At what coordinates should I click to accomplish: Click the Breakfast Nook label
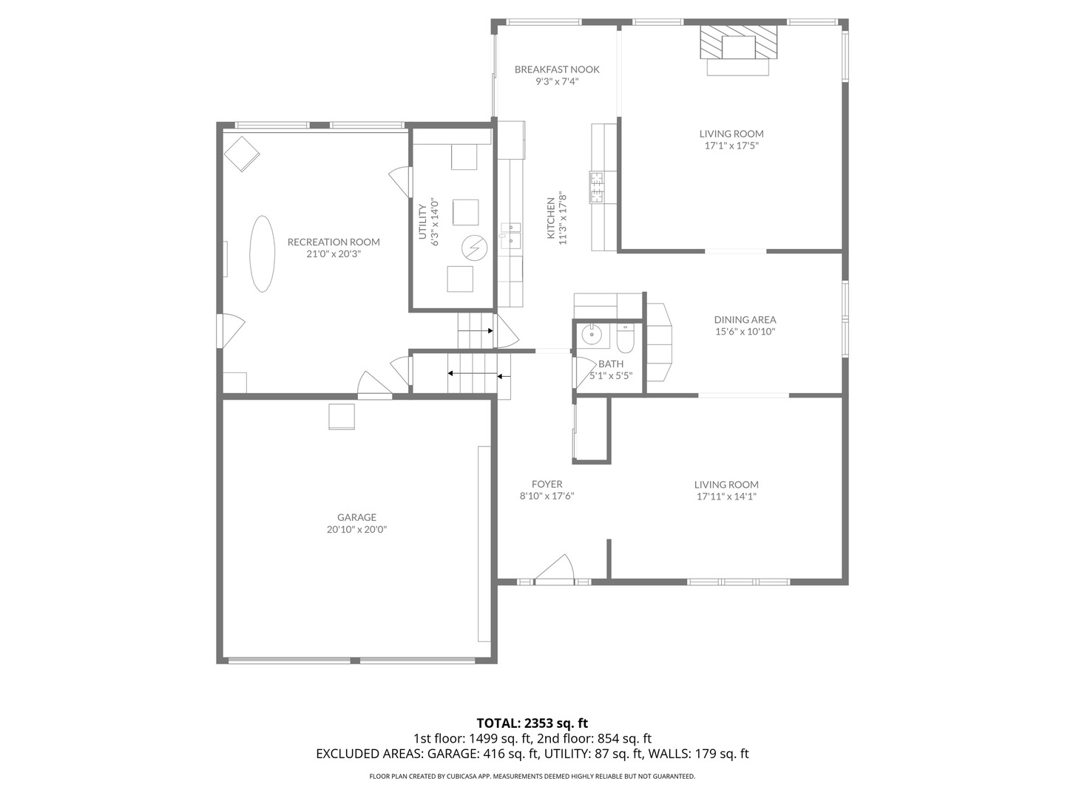[x=557, y=69]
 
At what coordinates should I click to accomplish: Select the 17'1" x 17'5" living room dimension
[x=731, y=146]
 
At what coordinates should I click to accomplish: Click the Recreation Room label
[x=334, y=242]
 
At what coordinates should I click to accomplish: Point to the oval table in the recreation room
[x=262, y=253]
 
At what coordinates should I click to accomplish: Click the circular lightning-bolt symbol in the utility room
[x=473, y=248]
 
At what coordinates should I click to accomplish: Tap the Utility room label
[x=423, y=222]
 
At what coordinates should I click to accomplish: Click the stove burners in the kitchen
[x=596, y=186]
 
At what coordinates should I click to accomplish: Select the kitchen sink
[x=510, y=237]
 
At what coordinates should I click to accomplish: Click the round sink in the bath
[x=592, y=335]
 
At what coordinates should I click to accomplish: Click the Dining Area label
[x=745, y=320]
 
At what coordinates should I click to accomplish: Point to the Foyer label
[x=547, y=485]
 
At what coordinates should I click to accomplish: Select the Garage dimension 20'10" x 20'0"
[x=357, y=529]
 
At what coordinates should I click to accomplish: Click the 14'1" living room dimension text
[x=726, y=497]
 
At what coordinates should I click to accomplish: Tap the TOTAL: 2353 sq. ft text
[x=532, y=723]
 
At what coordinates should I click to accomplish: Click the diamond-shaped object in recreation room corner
[x=242, y=154]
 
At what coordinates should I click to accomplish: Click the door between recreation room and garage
[x=374, y=386]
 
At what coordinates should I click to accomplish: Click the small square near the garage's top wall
[x=342, y=417]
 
